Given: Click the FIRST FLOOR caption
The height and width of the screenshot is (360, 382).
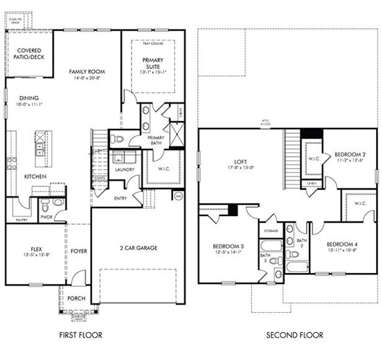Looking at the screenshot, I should (x=80, y=335).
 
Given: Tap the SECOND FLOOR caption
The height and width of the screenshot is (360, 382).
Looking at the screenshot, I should (x=294, y=335).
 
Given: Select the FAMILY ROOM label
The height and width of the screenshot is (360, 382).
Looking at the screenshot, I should (x=87, y=71).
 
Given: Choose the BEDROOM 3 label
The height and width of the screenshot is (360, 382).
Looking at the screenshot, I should (x=228, y=246).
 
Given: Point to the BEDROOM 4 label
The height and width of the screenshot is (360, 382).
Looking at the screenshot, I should (x=342, y=244).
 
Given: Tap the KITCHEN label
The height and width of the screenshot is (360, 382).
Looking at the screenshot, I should (x=35, y=177).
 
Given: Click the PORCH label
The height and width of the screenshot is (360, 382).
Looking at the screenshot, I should (x=76, y=298).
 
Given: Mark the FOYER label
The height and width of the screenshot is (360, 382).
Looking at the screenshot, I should (x=79, y=251).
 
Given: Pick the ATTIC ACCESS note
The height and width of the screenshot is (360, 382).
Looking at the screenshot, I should (x=266, y=124).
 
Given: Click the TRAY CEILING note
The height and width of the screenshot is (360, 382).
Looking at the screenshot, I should (x=153, y=44).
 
